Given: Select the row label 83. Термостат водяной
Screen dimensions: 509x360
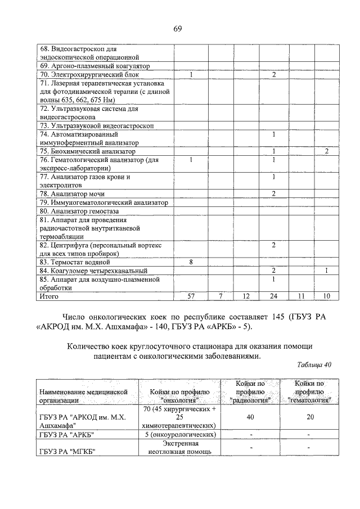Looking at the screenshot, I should click(x=75, y=262).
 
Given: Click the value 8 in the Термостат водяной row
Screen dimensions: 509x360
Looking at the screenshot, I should click(x=191, y=262).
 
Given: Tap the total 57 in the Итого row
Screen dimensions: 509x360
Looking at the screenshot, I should click(x=191, y=295).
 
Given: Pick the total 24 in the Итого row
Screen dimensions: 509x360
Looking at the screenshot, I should click(x=273, y=295).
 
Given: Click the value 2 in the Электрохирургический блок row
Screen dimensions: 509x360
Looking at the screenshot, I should click(x=273, y=74).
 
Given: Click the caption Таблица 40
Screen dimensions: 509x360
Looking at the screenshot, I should click(x=314, y=364).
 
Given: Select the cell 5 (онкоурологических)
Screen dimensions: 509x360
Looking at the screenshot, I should click(x=179, y=435).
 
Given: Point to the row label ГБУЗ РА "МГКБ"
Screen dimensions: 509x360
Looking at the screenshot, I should click(x=65, y=452).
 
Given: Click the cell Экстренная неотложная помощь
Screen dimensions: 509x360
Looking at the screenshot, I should click(x=179, y=447).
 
